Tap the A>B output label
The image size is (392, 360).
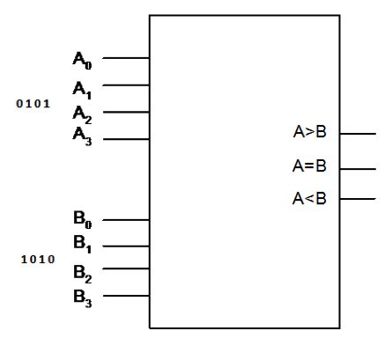pos(309,134)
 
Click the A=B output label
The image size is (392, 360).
pos(309,166)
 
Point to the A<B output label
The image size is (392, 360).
pos(309,198)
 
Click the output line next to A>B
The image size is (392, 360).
pos(358,135)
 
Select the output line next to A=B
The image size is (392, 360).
pos(358,167)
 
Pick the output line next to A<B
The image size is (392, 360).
pos(358,198)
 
